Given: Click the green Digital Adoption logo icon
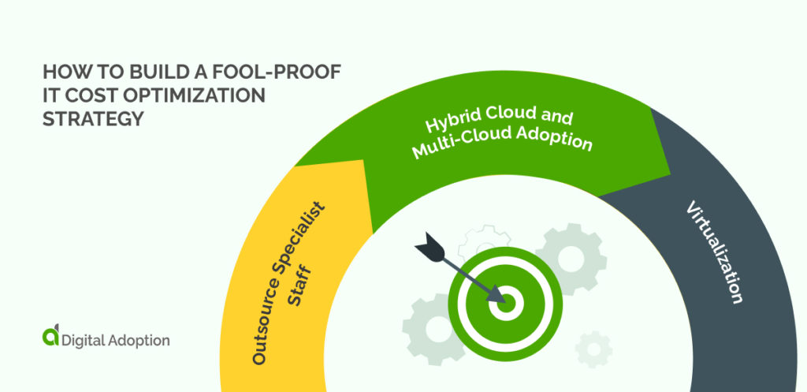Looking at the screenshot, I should [x=50, y=338].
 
